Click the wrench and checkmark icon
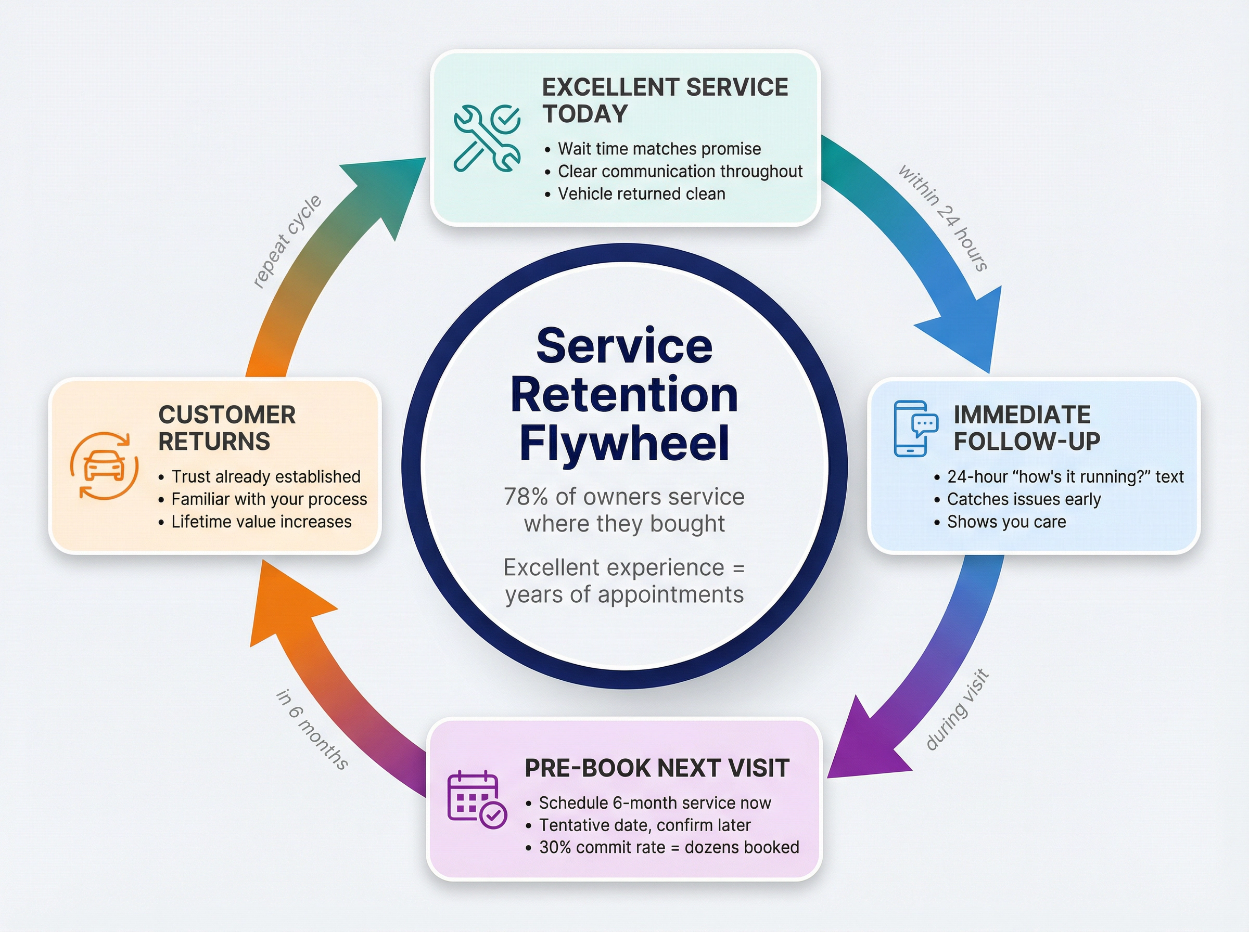[x=487, y=137]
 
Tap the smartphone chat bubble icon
[x=915, y=428]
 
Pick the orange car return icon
[x=105, y=466]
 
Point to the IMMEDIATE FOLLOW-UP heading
[x=1026, y=428]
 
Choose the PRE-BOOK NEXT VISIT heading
[x=656, y=768]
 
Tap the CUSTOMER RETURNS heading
[x=226, y=428]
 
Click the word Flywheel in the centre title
[x=623, y=443]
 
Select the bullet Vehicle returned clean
[x=641, y=193]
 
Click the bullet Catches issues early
[x=1023, y=499]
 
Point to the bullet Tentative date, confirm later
[x=644, y=825]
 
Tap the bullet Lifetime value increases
[x=261, y=522]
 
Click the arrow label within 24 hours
[x=943, y=218]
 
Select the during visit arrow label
[x=958, y=709]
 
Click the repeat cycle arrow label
[x=287, y=241]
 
